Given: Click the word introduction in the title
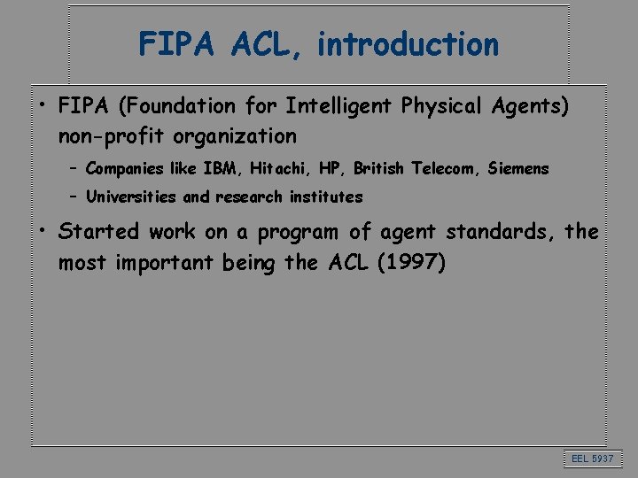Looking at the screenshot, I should tap(408, 43).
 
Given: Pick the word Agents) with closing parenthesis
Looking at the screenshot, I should tap(530, 107).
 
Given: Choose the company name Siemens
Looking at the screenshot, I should tap(518, 168).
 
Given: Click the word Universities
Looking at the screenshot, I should tap(131, 197).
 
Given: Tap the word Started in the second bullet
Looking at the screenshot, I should tap(98, 232).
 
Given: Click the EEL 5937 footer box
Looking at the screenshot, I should tap(592, 458).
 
